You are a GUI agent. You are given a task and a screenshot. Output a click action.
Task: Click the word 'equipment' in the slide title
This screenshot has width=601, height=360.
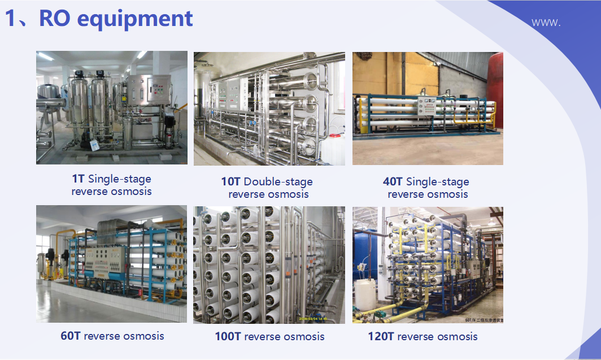[135, 18]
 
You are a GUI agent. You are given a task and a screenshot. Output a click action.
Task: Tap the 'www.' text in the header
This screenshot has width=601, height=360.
[546, 23]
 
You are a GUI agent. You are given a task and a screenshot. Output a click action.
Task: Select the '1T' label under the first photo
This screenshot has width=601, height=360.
[78, 179]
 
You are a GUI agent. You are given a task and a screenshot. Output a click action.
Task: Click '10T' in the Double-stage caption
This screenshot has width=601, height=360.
[230, 182]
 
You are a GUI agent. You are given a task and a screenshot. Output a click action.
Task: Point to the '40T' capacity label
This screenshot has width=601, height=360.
[393, 182]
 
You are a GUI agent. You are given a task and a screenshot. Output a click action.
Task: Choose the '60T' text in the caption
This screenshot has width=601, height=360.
[71, 336]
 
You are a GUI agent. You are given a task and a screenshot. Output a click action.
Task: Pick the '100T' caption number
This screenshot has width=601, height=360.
[228, 336]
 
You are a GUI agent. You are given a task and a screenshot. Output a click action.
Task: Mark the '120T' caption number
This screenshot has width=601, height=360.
[381, 336]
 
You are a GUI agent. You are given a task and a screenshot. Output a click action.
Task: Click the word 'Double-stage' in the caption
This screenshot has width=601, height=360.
[278, 182]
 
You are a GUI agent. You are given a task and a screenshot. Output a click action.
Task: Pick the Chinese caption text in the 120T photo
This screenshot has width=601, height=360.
[484, 319]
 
